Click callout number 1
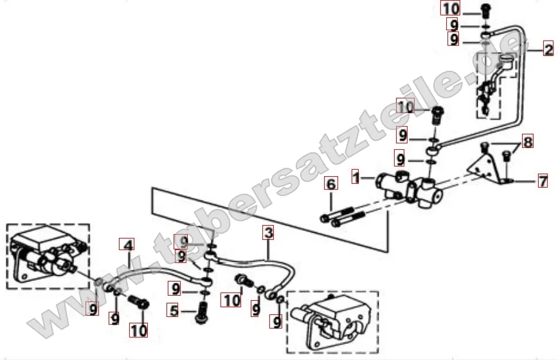pyautogui.click(x=355, y=177)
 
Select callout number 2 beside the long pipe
pyautogui.click(x=548, y=48)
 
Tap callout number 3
pyautogui.click(x=268, y=232)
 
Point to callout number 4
pyautogui.click(x=128, y=245)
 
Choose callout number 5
pyautogui.click(x=174, y=310)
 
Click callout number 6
pyautogui.click(x=331, y=184)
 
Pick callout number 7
pyautogui.click(x=543, y=181)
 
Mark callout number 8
pyautogui.click(x=528, y=141)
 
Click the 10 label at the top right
pyautogui.click(x=451, y=8)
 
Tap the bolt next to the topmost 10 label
pyautogui.click(x=485, y=11)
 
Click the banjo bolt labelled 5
pyautogui.click(x=202, y=312)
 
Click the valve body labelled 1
pyautogui.click(x=410, y=188)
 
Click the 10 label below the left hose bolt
pyautogui.click(x=138, y=330)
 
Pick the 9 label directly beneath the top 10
pyautogui.click(x=454, y=24)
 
